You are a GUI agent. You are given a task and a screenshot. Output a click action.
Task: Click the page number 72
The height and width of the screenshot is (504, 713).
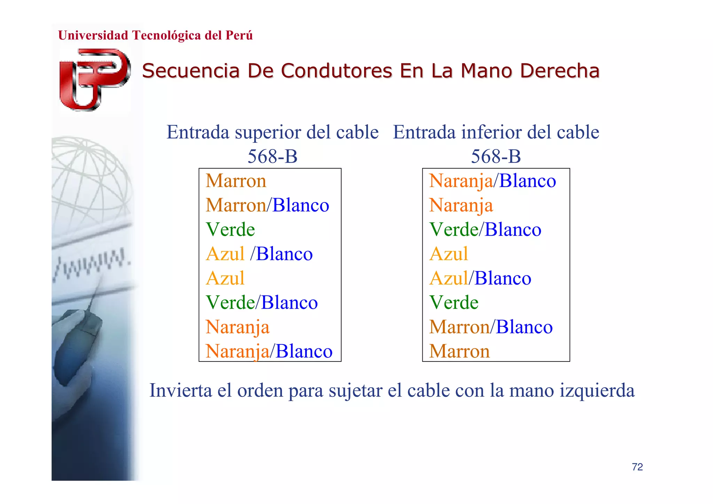[x=637, y=467]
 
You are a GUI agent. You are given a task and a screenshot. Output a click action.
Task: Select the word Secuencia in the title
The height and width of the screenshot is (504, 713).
[x=191, y=71]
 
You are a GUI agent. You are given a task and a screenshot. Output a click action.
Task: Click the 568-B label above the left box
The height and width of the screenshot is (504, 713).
[x=272, y=156]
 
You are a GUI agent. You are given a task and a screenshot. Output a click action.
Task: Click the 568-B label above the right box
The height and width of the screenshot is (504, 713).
[x=496, y=156]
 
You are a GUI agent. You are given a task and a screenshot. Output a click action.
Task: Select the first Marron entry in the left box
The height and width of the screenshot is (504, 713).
[x=236, y=181]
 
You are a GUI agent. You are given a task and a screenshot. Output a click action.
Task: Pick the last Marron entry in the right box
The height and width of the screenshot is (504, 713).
[x=459, y=351]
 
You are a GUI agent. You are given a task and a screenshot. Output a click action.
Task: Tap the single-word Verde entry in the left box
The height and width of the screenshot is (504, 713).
[x=230, y=230]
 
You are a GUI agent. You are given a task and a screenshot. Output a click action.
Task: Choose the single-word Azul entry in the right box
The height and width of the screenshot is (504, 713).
[x=448, y=254]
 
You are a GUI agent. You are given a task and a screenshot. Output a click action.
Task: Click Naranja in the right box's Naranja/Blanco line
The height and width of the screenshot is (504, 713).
[x=461, y=181]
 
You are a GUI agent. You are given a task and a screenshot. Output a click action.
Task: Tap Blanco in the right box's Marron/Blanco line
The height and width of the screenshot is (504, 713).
[x=524, y=327]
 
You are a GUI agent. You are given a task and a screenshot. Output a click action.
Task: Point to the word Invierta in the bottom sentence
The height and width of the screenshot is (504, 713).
[x=181, y=390]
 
